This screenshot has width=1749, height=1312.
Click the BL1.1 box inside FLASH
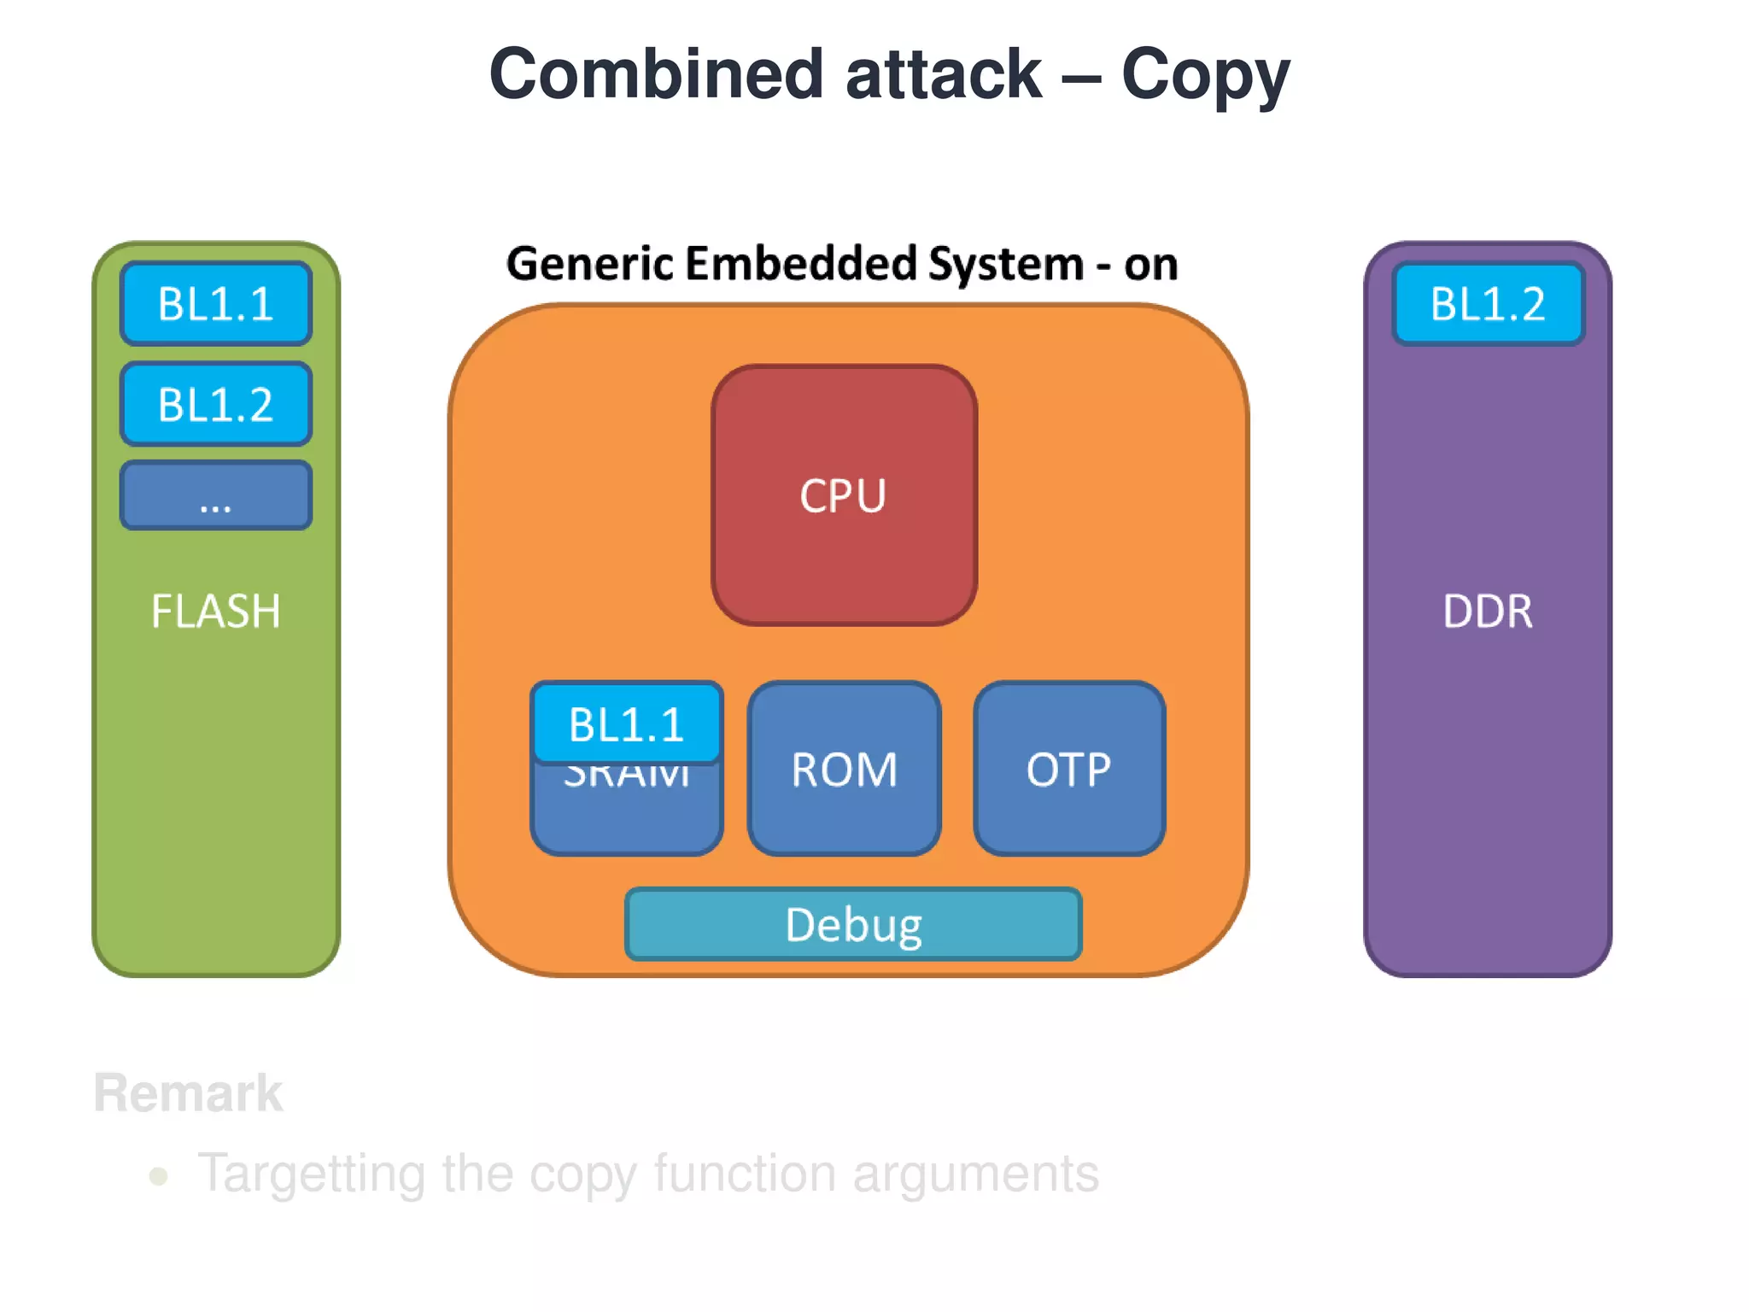(x=216, y=304)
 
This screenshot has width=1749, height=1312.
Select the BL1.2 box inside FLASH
(x=216, y=404)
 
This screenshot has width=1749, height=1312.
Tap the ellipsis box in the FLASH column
(x=216, y=496)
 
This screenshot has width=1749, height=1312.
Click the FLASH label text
(x=216, y=612)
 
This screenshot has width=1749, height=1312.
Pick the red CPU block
(x=844, y=495)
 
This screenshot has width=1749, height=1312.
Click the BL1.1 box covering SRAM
(x=627, y=723)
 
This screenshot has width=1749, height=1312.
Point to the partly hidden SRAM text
(x=627, y=776)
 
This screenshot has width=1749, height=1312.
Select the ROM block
(x=844, y=769)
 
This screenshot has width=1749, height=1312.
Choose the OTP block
(x=1069, y=769)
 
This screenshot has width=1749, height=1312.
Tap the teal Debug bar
(x=853, y=925)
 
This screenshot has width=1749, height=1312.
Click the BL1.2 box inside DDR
(x=1488, y=304)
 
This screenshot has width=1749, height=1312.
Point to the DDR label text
(x=1488, y=612)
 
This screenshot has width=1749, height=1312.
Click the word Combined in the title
(x=656, y=74)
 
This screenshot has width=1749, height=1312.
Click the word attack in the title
(x=944, y=74)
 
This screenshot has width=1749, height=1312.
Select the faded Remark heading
(x=188, y=1092)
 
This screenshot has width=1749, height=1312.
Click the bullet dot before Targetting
(x=158, y=1176)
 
